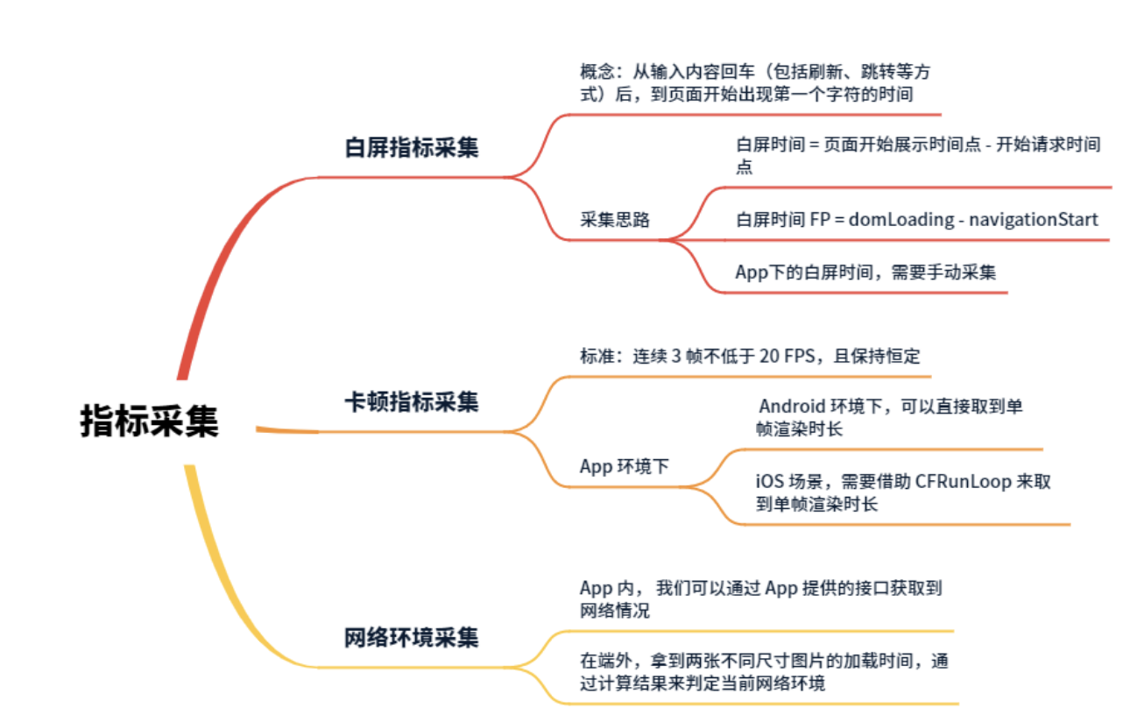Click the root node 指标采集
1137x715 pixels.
pos(149,421)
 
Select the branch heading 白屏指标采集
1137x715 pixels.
pos(411,147)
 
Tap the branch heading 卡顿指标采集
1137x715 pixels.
pos(411,402)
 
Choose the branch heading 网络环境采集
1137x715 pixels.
pos(411,637)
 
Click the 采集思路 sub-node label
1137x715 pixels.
pos(615,220)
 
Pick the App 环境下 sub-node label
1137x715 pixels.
pos(624,466)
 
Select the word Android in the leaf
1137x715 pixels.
pos(792,407)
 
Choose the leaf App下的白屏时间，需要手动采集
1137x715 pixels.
pos(865,272)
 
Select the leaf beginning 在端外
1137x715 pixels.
pos(763,672)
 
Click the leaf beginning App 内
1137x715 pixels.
pos(760,599)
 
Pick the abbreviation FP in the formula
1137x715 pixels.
pos(820,219)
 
